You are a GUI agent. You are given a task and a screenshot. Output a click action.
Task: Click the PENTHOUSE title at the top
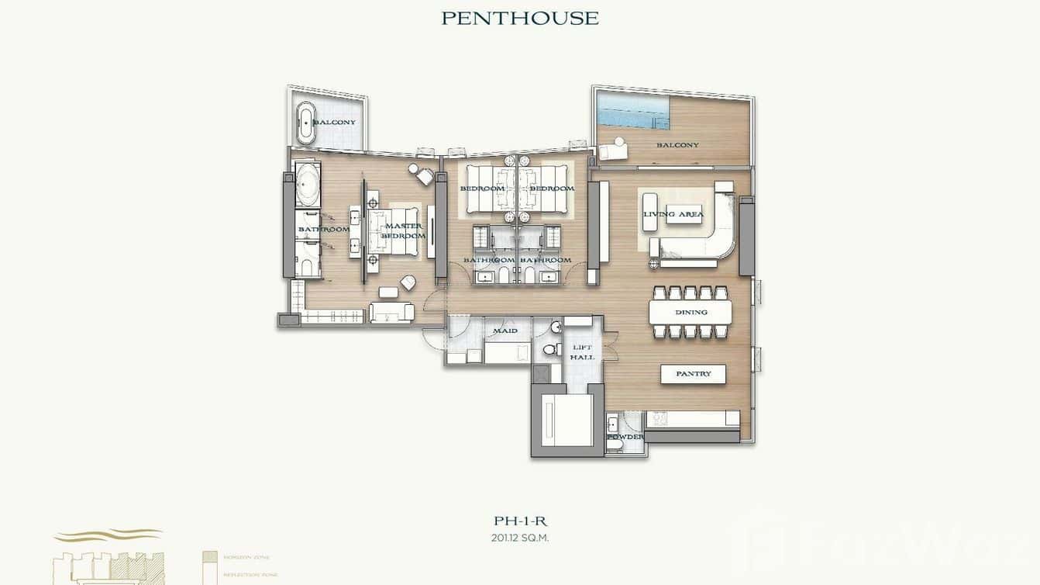(x=520, y=18)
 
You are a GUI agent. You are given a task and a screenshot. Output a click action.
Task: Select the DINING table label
(x=690, y=313)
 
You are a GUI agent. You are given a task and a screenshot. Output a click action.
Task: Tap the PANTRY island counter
(x=693, y=374)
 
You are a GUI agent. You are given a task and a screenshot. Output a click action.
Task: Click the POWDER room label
(x=625, y=438)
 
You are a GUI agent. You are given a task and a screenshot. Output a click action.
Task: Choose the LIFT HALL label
(x=582, y=352)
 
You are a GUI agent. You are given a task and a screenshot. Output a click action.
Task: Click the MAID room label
(x=505, y=331)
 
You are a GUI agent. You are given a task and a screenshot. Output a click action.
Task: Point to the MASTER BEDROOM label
(x=403, y=230)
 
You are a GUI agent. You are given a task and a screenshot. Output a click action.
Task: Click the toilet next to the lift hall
(x=550, y=350)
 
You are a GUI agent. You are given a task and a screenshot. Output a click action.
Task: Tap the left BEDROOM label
(x=482, y=189)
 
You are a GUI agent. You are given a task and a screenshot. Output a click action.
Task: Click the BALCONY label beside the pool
(x=677, y=145)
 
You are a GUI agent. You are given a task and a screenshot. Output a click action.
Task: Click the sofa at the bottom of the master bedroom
(x=391, y=312)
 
